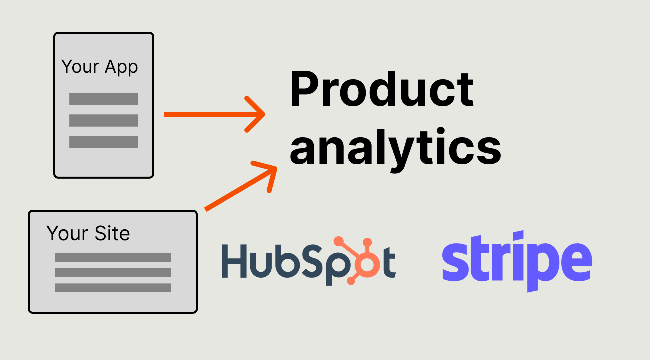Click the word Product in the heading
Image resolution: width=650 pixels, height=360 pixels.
(382, 90)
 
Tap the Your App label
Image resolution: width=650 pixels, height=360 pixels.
(100, 67)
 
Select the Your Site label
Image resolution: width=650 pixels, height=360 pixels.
(88, 233)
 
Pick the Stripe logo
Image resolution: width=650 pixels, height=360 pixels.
(517, 261)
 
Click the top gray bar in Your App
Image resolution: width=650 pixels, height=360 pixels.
(104, 99)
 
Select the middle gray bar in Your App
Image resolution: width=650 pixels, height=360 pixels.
(104, 120)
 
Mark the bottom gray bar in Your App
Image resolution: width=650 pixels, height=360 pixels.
(104, 142)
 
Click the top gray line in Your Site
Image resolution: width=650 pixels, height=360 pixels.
(113, 257)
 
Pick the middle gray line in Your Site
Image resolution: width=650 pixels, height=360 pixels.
(113, 272)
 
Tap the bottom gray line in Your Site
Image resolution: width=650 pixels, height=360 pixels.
(113, 288)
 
